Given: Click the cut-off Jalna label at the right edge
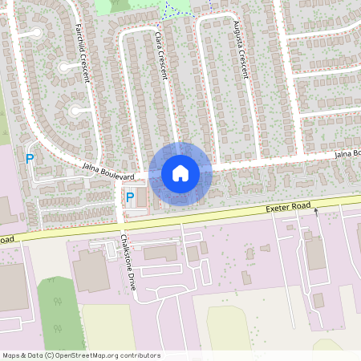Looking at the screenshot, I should point(347,153).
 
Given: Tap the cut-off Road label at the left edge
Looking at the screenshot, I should point(7,240).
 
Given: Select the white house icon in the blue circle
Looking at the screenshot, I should point(180,173).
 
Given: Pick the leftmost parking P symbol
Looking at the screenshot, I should point(30,159).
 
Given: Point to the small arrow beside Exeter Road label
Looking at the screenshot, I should point(315,212).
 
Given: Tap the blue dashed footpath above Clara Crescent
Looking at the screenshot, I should point(168,10).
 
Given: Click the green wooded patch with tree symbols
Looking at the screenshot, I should point(57,309).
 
